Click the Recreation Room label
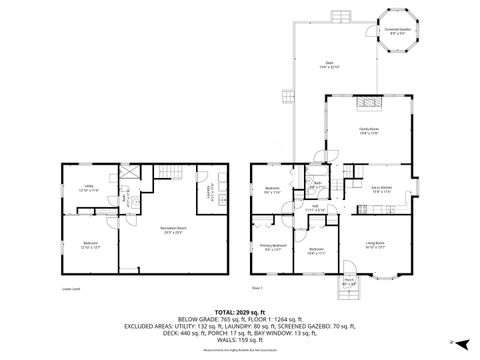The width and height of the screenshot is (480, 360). [x=176, y=229]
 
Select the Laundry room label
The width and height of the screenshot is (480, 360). [x=208, y=191]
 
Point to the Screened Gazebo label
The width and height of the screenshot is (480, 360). [x=397, y=31]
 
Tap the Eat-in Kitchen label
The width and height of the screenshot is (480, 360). [x=382, y=188]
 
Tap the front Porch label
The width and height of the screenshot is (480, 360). [x=349, y=283]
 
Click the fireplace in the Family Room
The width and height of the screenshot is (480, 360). [x=369, y=103]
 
